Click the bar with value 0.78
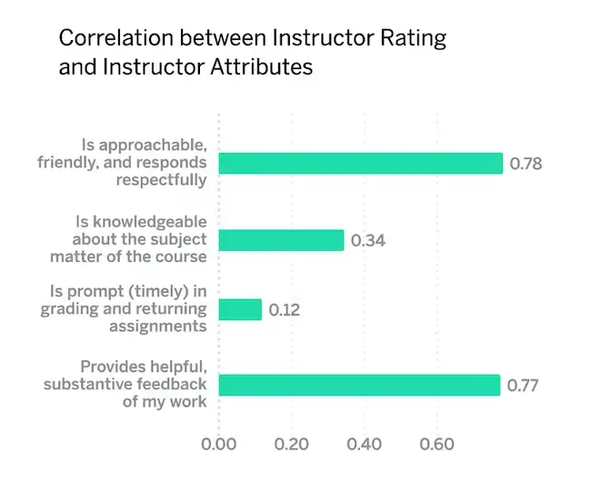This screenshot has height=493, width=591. [360, 164]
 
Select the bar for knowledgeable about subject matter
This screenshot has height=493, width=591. [281, 240]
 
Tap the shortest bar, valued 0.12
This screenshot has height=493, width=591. [240, 309]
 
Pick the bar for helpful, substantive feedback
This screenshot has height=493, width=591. [359, 385]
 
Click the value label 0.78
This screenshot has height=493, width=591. [526, 165]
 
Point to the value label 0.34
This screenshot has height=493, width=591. [367, 241]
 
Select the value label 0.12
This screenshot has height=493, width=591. [284, 310]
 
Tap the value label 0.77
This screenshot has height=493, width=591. [523, 386]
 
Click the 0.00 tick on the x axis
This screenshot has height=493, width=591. [218, 446]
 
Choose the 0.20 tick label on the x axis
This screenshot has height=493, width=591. [291, 446]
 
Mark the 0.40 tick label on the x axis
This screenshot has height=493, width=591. [364, 446]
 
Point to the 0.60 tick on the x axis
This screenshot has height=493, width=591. [436, 446]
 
